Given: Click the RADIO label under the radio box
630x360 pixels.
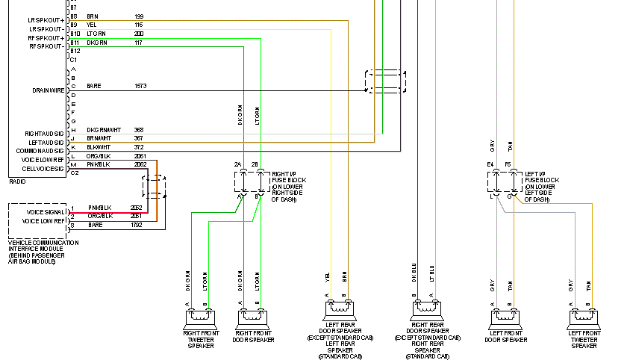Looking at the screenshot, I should [x=17, y=181].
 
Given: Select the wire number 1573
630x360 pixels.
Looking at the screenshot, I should [x=140, y=86].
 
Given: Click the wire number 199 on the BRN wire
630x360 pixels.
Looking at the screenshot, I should [x=139, y=16].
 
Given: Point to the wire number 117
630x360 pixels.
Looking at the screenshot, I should [x=139, y=43].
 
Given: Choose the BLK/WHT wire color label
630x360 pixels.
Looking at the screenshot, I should [x=99, y=147].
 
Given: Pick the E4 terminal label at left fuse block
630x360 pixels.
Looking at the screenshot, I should [x=490, y=164].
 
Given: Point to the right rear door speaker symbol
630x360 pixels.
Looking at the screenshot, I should [x=426, y=308].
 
